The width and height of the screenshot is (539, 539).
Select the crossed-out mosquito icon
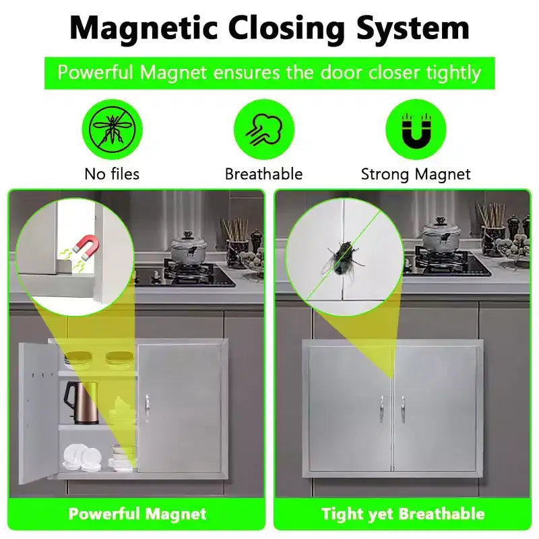pyautogui.click(x=112, y=129)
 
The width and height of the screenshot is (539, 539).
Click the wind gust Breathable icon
pyautogui.click(x=264, y=129)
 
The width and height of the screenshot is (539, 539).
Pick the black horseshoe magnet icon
pyautogui.click(x=416, y=129)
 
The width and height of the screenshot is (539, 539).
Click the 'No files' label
pyautogui.click(x=112, y=174)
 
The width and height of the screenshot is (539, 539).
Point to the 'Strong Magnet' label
pyautogui.click(x=416, y=175)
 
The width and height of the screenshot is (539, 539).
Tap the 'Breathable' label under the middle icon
pyautogui.click(x=263, y=174)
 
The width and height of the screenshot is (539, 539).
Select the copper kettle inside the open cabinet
pyautogui.click(x=82, y=402)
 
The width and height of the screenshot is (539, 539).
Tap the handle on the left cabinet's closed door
pyautogui.click(x=147, y=408)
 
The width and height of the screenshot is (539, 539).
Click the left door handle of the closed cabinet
pyautogui.click(x=381, y=408)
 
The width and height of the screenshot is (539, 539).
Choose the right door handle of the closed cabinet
pyautogui.click(x=403, y=408)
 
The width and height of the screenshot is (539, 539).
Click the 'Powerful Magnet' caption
pyautogui.click(x=137, y=514)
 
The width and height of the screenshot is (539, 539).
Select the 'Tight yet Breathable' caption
pyautogui.click(x=403, y=514)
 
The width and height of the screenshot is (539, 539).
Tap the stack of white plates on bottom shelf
pyautogui.click(x=82, y=457)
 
